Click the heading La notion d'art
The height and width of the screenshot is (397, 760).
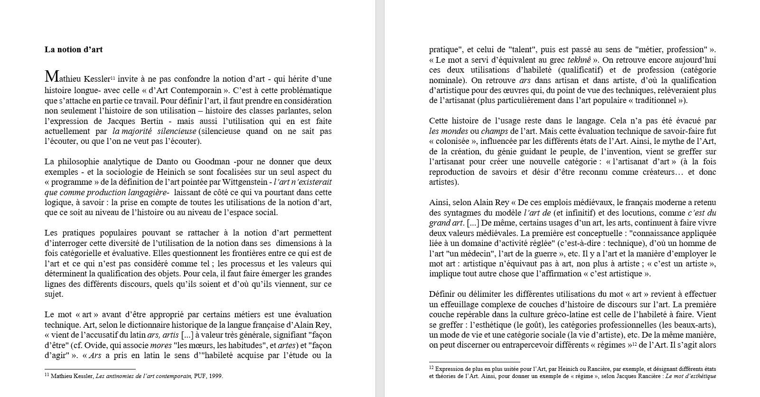point(74,49)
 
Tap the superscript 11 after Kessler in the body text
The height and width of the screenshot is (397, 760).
point(113,77)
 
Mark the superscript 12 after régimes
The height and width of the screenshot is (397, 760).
point(634,344)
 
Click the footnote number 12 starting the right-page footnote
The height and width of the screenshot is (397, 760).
point(432,368)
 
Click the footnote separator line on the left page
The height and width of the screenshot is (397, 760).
point(90,369)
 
